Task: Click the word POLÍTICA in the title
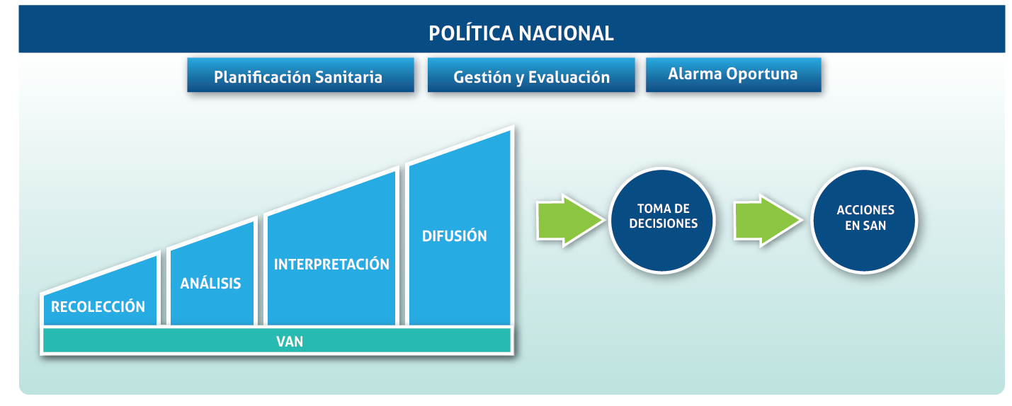[470, 33]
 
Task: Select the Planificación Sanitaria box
[300, 76]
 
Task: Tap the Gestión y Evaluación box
[531, 76]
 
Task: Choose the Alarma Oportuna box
[733, 74]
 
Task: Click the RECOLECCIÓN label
[98, 307]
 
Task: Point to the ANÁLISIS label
[210, 284]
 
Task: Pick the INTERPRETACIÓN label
[331, 265]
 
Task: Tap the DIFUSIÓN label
[455, 236]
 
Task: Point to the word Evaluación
[569, 77]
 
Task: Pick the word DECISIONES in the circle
[663, 224]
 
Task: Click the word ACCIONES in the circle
[865, 211]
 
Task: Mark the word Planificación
[256, 77]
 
